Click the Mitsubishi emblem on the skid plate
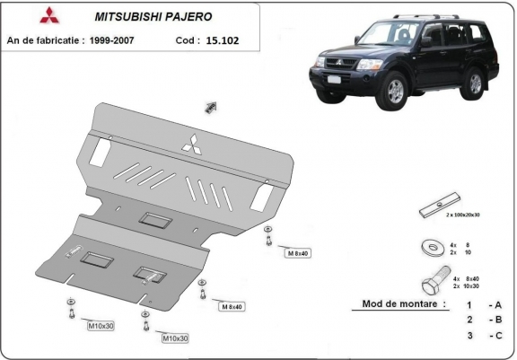click(x=191, y=143)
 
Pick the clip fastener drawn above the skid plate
click(x=212, y=108)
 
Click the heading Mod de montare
click(x=404, y=304)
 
